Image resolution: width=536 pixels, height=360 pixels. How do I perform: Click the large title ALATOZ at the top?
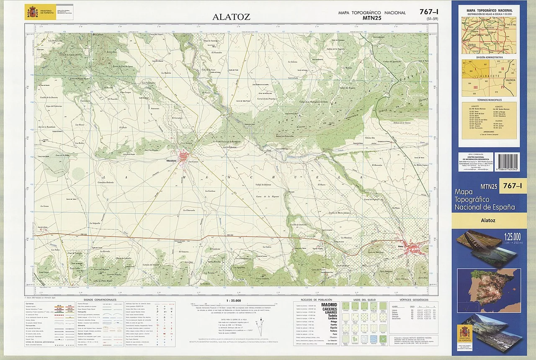point(231,17)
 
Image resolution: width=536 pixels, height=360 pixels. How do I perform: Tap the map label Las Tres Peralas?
point(152,149)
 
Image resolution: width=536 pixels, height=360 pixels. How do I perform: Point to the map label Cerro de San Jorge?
point(376,252)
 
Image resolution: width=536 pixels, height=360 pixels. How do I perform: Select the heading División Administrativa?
point(489,57)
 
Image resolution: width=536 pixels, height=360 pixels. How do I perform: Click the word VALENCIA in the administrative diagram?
point(510,80)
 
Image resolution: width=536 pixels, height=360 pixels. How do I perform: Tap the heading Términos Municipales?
point(489,100)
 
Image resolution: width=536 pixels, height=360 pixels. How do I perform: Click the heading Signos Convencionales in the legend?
point(100,300)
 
